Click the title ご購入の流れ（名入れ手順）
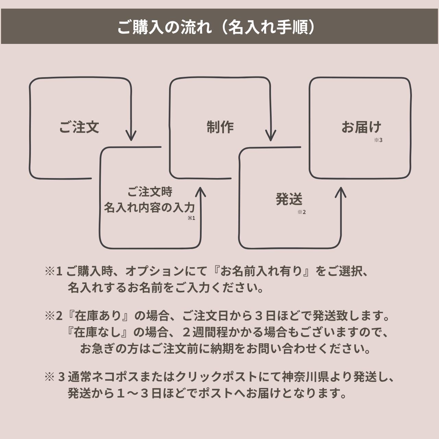point(216,27)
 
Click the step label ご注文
point(79,127)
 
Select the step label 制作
point(220,127)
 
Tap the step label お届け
point(361,127)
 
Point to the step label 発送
point(289,199)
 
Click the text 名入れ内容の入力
point(149,207)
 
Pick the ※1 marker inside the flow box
point(191,218)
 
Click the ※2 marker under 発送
point(301,212)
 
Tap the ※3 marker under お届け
point(378,140)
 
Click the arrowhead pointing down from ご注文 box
point(131,136)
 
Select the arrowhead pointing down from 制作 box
point(271,136)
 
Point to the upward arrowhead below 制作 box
point(200,192)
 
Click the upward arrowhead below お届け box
point(340,192)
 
